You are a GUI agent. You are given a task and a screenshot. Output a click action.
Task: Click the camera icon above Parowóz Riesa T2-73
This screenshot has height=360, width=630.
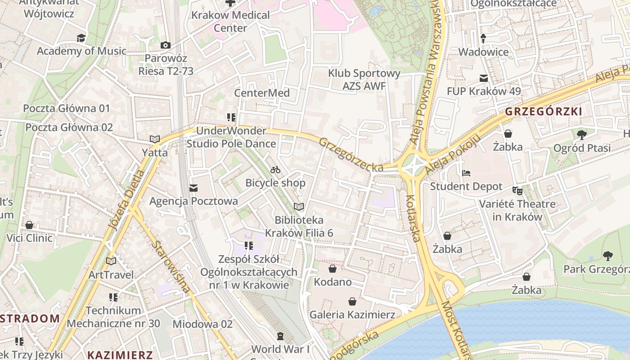coord(166,45)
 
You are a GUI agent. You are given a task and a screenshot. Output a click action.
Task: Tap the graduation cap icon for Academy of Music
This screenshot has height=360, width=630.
coord(81,38)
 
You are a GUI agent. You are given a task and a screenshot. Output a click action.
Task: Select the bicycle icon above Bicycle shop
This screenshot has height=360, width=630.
coord(275,170)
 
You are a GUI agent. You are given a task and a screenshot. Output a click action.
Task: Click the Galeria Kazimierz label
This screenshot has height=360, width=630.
coord(352,315)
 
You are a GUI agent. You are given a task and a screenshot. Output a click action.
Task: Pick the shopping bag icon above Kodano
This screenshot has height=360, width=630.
coord(333,269)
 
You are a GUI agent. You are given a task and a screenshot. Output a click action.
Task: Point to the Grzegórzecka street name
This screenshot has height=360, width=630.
coord(351,155)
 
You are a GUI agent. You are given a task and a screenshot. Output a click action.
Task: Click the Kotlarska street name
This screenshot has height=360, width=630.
coord(413,218)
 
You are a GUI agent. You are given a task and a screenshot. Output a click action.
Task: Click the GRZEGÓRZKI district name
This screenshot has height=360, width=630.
coord(544,112)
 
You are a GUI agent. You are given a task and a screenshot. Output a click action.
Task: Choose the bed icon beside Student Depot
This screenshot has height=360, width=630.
coord(466,173)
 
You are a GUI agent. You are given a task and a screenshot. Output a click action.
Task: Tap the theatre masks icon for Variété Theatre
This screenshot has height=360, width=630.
coord(517,191)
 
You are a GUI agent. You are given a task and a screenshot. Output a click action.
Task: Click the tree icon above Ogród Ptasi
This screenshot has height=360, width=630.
coord(581,135)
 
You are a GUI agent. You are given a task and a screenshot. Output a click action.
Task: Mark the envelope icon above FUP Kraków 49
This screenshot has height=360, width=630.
coord(484,78)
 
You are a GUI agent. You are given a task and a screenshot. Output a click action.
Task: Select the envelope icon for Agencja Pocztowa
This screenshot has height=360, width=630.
coord(193,188)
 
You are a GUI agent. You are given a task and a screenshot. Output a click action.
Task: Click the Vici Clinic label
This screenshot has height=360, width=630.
coord(30,238)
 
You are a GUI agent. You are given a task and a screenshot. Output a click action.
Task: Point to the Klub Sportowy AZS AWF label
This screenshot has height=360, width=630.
coord(364,79)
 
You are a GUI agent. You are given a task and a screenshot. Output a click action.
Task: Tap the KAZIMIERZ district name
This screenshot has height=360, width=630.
coord(120,355)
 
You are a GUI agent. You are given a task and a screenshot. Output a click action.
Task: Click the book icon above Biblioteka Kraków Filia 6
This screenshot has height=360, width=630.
coord(299,207)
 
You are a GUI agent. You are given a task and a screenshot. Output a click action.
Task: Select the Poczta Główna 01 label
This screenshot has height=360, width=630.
coord(67,108)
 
